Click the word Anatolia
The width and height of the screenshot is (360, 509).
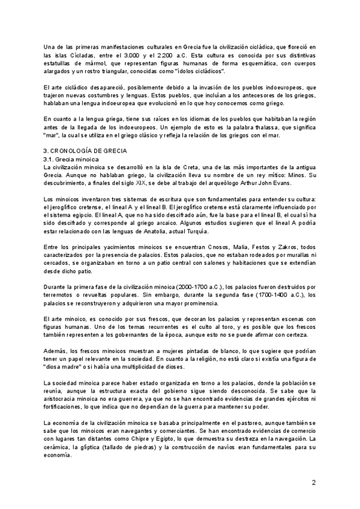point(142,231)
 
